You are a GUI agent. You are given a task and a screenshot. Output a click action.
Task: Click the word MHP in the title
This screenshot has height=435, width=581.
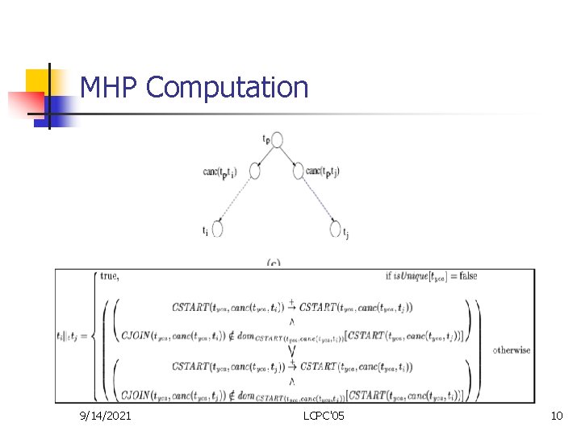(x=110, y=87)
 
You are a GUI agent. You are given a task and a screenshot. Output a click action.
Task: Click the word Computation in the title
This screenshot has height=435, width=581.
(x=228, y=87)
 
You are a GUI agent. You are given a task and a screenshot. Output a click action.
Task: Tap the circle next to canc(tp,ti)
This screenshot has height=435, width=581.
(x=255, y=171)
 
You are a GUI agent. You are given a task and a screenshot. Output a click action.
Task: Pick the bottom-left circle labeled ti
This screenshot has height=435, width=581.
(x=217, y=229)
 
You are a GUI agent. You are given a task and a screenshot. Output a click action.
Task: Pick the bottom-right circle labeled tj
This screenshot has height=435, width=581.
(x=336, y=229)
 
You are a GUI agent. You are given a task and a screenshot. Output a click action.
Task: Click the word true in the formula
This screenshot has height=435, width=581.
(x=109, y=276)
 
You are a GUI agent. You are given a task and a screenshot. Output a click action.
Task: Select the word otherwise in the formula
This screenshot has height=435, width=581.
(x=512, y=350)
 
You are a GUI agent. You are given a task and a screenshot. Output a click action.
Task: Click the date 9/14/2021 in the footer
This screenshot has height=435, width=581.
(x=106, y=416)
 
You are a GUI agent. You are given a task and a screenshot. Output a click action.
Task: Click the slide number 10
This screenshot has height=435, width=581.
(x=556, y=416)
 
